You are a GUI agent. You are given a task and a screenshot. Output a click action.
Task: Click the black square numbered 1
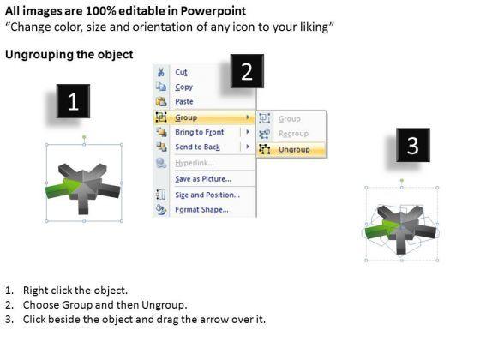point(73,101)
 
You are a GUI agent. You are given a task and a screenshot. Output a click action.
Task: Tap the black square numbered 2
point(247,71)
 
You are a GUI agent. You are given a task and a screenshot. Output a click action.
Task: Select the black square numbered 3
point(413,145)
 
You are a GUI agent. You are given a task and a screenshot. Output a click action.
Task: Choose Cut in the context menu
point(181,72)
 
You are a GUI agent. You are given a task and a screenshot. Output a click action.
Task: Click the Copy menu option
point(183,87)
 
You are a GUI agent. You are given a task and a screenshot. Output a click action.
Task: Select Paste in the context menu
point(184,102)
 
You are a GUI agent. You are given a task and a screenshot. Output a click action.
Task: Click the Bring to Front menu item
point(199,132)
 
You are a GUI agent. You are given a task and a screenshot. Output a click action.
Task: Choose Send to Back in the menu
point(197,147)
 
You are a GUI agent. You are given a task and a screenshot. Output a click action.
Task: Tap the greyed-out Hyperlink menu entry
point(195,163)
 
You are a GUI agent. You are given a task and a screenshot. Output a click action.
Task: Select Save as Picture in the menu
point(203,179)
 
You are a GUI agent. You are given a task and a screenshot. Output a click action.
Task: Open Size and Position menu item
point(207,195)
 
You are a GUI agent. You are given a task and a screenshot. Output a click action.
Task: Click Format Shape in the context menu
point(201,210)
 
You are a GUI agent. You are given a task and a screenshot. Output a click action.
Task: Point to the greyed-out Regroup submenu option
point(293,134)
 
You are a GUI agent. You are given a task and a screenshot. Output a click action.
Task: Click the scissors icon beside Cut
point(161,72)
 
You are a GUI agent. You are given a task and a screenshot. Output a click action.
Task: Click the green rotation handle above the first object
point(84,137)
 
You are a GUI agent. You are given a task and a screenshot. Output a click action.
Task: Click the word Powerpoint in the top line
point(213,11)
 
